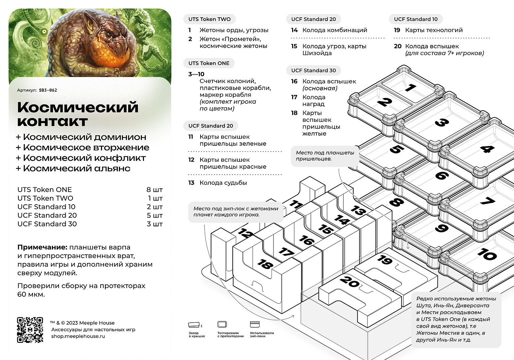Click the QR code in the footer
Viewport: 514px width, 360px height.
pos(30,330)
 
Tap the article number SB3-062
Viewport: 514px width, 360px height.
pos(48,90)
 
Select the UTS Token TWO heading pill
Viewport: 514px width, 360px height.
pos(210,19)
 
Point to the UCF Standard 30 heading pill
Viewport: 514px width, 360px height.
pos(313,70)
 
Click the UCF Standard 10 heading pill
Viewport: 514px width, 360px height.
pos(416,19)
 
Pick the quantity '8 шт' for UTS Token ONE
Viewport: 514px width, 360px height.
pos(155,190)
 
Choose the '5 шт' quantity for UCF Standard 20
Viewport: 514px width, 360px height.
pos(155,215)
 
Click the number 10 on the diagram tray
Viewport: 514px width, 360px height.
pos(487,254)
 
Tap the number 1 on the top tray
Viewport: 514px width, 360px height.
pos(410,87)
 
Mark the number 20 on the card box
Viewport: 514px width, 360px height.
pos(349,282)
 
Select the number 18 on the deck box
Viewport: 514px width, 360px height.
pos(265,264)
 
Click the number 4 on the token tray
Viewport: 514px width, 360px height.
pos(487,149)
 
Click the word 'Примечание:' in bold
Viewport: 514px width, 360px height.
pos(42,247)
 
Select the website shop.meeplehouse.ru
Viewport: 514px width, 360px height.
pos(78,336)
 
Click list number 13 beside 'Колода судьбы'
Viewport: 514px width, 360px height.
pos(191,183)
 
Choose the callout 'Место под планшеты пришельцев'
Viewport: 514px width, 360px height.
pos(325,156)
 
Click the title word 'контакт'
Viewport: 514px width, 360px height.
pos(53,121)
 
